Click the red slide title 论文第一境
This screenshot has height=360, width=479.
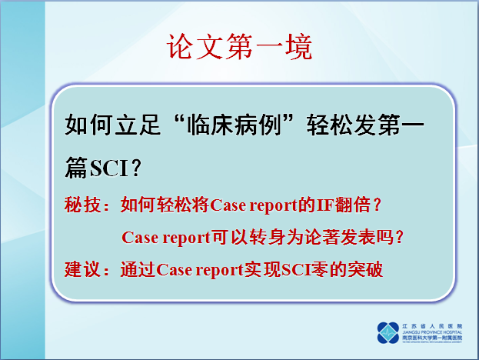(239, 47)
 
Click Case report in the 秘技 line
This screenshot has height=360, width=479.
(253, 205)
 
